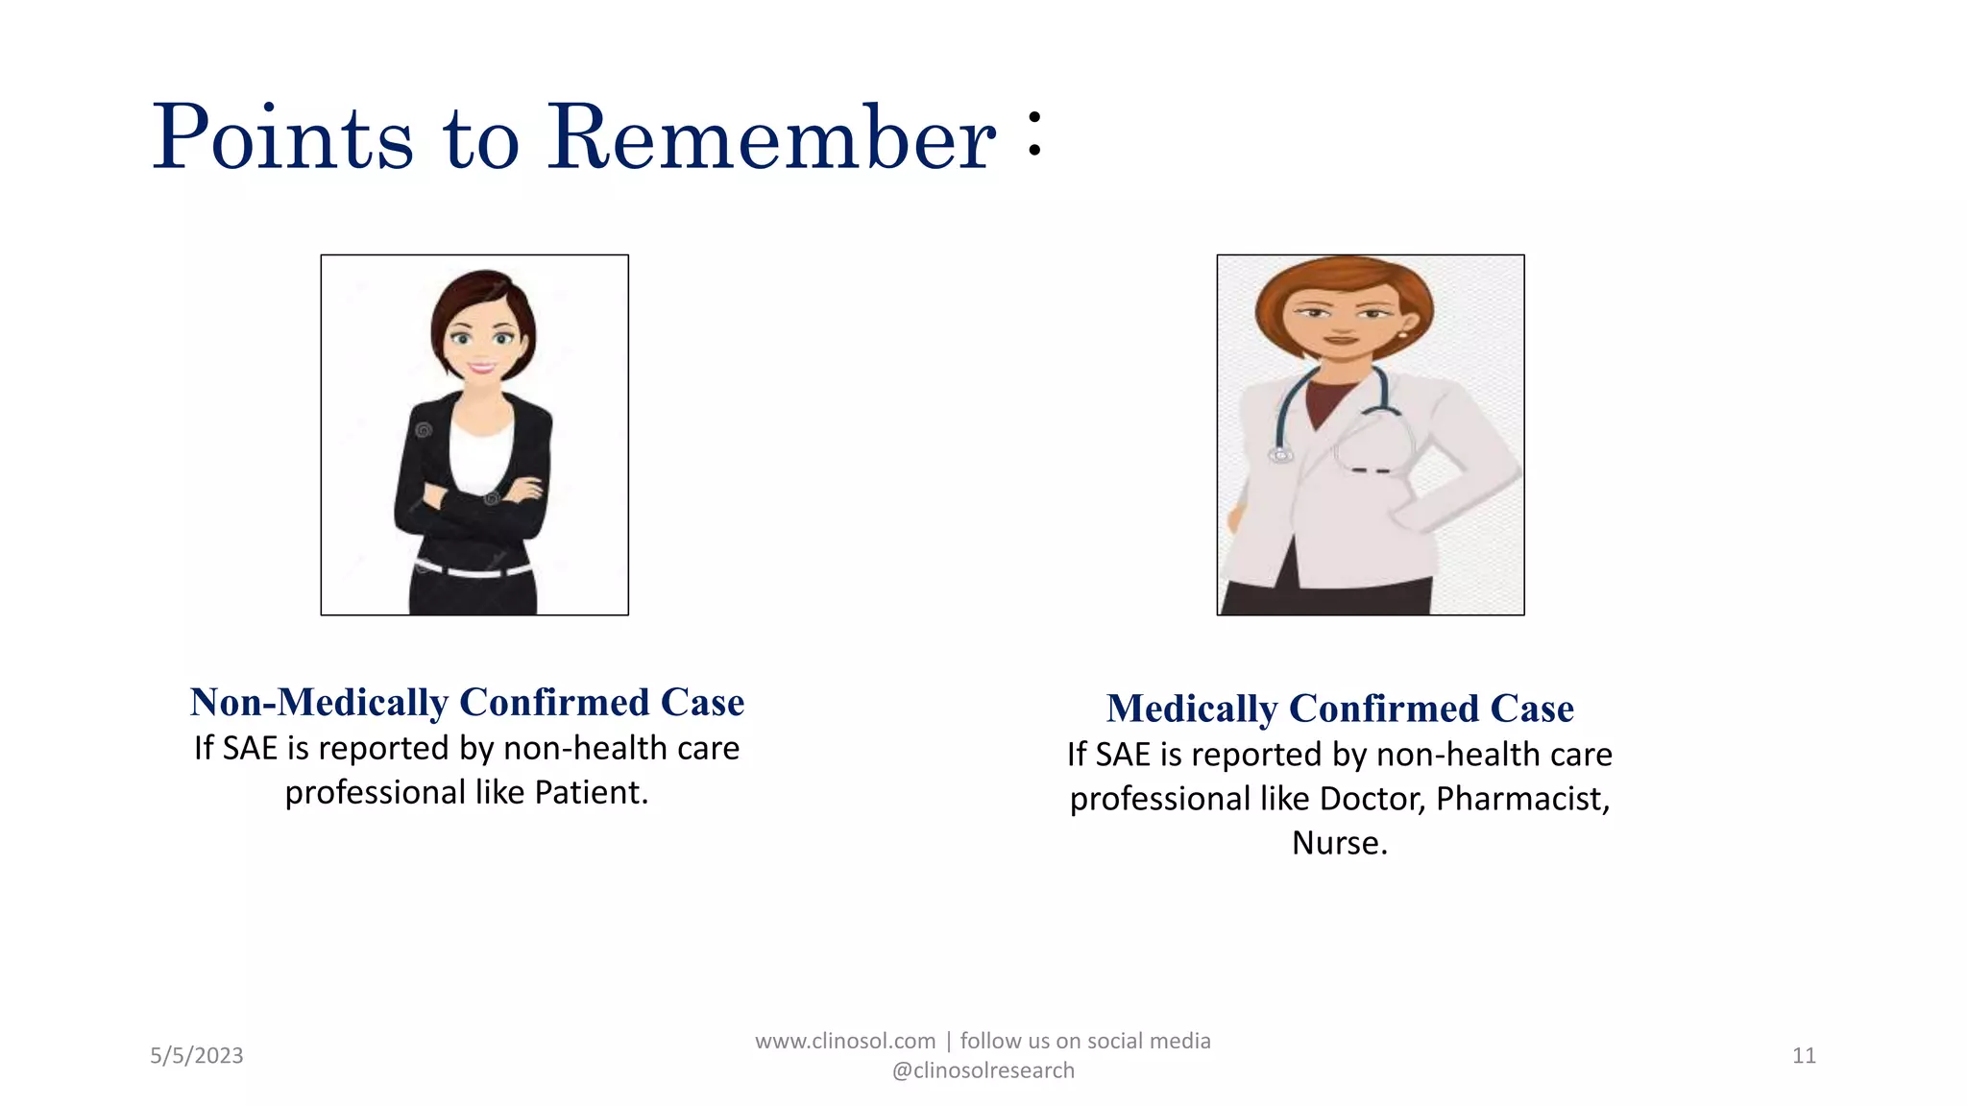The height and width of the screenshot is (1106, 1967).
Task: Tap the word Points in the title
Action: tap(282, 139)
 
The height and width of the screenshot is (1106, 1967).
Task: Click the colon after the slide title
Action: tap(1033, 133)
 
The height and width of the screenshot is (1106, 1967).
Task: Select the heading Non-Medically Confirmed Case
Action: tap(467, 702)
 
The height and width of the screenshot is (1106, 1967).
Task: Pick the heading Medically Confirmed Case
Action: tap(1340, 709)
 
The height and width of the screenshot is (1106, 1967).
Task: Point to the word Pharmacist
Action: tap(1521, 799)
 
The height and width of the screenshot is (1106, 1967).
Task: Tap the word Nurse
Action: tap(1338, 843)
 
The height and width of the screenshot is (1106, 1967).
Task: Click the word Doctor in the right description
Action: tap(1372, 799)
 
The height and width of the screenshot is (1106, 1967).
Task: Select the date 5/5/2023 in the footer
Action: tap(197, 1056)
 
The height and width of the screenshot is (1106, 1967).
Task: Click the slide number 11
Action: tap(1804, 1056)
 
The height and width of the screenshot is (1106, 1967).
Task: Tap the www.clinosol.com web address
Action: tap(845, 1042)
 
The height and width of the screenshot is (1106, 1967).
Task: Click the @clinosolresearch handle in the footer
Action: tap(983, 1070)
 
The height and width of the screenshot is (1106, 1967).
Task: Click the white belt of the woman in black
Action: tap(474, 570)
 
